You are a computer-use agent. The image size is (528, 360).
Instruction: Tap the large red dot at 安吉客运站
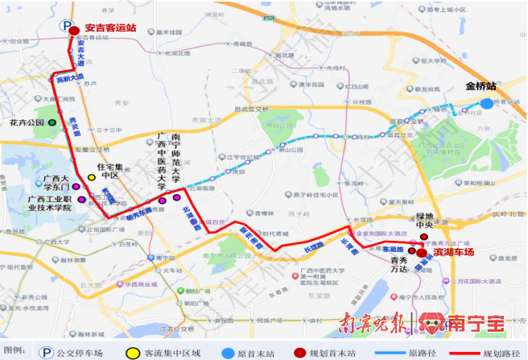coord(74,31)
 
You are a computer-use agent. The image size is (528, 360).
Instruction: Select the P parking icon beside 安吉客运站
coord(66,25)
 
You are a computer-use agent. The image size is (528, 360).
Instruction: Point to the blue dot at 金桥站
coord(487,103)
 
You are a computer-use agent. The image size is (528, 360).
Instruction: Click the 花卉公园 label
coord(27,123)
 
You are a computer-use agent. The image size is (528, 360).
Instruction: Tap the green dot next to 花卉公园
coord(52,123)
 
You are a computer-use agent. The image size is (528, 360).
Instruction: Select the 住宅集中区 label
coord(104,170)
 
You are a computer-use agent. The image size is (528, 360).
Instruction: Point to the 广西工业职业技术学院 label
coord(50,202)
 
